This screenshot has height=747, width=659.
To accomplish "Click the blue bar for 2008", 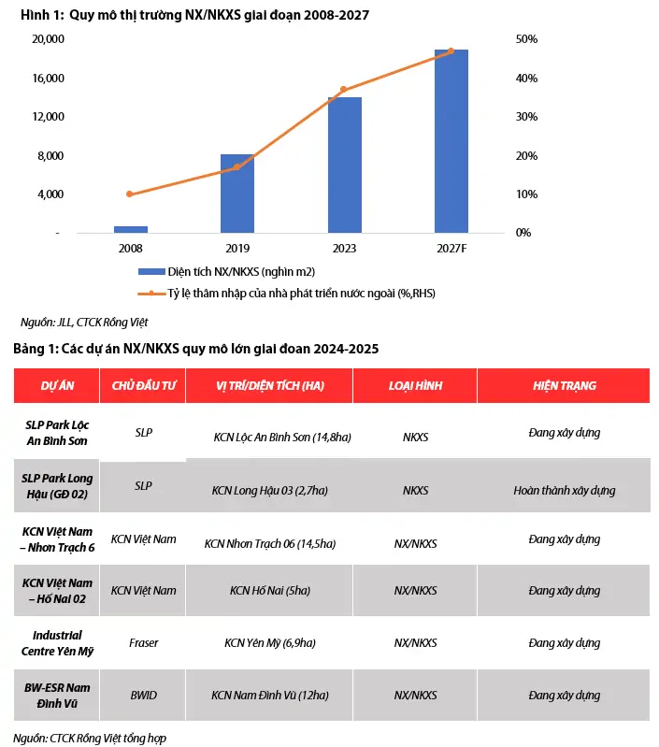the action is coord(131,229).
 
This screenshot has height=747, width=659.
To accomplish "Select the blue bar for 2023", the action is coord(345,165).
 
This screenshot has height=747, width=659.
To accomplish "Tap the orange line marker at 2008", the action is coord(130,194).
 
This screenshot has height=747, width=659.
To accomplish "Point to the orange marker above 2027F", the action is coord(451,51).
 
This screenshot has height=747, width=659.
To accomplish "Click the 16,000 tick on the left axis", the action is coord(48,79).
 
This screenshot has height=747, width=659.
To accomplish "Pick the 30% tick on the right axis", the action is coord(526,117).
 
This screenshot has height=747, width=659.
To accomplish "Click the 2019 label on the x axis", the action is coord(237,248).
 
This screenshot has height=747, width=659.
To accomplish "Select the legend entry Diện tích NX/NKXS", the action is coord(226,271).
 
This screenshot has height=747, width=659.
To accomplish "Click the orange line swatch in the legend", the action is coord(151,294).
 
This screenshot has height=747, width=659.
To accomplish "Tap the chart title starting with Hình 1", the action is coord(194,15).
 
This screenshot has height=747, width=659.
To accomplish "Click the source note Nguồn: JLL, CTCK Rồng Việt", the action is coord(84,322).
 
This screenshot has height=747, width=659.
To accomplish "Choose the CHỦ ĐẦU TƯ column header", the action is coord(143,385).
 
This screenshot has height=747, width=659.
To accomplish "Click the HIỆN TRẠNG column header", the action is coord(565,385).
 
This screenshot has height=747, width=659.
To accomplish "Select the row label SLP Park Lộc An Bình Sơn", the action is coord(57,433).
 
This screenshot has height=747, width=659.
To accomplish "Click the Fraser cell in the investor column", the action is coord(143,642).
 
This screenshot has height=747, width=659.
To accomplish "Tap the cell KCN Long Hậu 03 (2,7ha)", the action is coord(270,490).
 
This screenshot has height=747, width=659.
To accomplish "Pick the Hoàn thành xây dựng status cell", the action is coord(565,490).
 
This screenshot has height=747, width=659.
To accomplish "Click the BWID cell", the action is coord(143,695).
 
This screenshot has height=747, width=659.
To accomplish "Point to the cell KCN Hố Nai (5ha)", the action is coord(270,590).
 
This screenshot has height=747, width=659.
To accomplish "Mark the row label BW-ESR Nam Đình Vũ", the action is coord(57,695).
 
